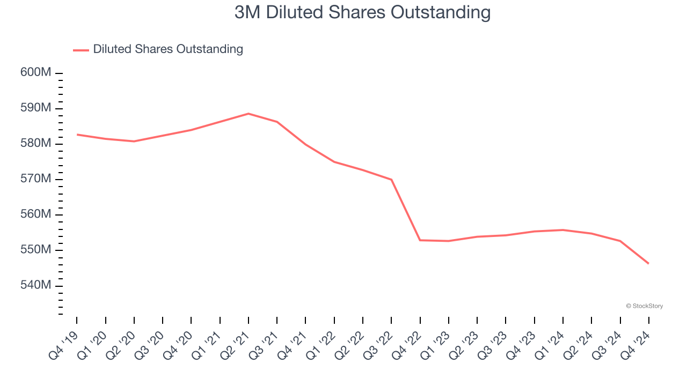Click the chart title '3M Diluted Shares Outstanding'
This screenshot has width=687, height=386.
point(362,12)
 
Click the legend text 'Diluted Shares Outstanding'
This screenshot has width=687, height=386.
point(168,49)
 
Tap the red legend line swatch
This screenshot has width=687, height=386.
point(81,50)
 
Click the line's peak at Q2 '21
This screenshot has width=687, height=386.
point(249,114)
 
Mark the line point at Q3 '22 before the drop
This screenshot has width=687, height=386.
point(391,180)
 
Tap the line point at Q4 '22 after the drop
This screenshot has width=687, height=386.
point(420,240)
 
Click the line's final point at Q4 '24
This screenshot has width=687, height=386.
point(648,263)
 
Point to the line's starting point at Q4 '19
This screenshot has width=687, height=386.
point(77,135)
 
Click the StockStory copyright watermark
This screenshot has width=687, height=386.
point(644,306)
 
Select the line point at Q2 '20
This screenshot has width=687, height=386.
point(134,142)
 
